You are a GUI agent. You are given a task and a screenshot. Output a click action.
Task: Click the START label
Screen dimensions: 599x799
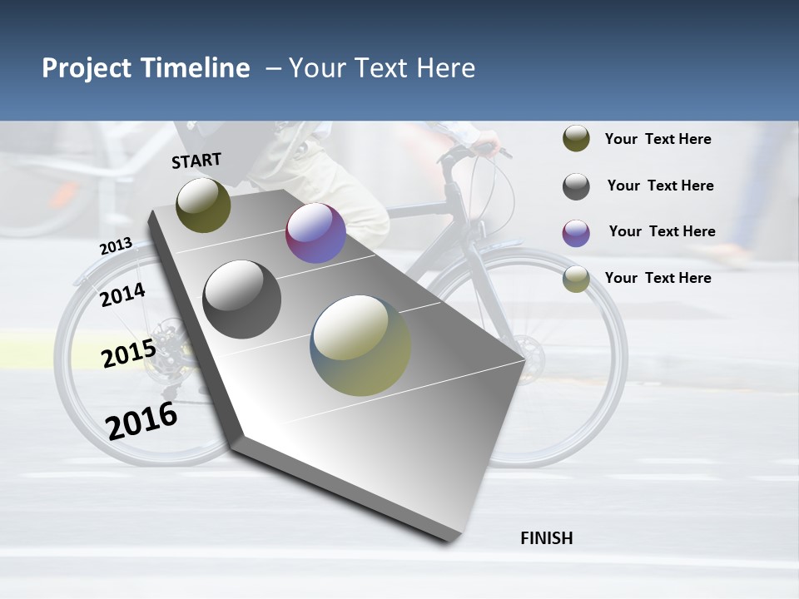(196, 161)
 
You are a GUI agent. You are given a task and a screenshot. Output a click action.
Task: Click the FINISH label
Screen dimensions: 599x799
(546, 538)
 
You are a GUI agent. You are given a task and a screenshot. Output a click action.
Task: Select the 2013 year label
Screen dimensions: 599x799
(116, 245)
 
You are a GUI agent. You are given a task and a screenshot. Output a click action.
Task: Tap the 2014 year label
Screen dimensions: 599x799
(122, 295)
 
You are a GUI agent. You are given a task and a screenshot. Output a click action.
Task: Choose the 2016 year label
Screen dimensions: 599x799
(141, 420)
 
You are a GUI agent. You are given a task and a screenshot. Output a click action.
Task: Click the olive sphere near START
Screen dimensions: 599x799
(203, 205)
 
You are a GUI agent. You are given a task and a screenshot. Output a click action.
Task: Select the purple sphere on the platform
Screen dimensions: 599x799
(315, 233)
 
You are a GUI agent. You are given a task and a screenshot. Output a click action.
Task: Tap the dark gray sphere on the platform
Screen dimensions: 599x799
(242, 299)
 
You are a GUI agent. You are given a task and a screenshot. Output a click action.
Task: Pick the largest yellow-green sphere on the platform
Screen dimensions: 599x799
(360, 345)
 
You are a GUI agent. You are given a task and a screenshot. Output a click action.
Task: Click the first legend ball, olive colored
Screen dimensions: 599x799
(576, 139)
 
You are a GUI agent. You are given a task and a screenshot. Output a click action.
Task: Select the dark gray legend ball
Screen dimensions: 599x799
(576, 186)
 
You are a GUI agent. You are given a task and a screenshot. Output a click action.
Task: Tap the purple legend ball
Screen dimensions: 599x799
(576, 233)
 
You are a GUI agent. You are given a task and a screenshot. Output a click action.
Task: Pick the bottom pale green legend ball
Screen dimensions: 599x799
(576, 280)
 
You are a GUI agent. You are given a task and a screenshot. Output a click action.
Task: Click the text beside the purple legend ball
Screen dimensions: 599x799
(662, 231)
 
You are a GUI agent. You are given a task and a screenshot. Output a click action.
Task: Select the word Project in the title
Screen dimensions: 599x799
(87, 68)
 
